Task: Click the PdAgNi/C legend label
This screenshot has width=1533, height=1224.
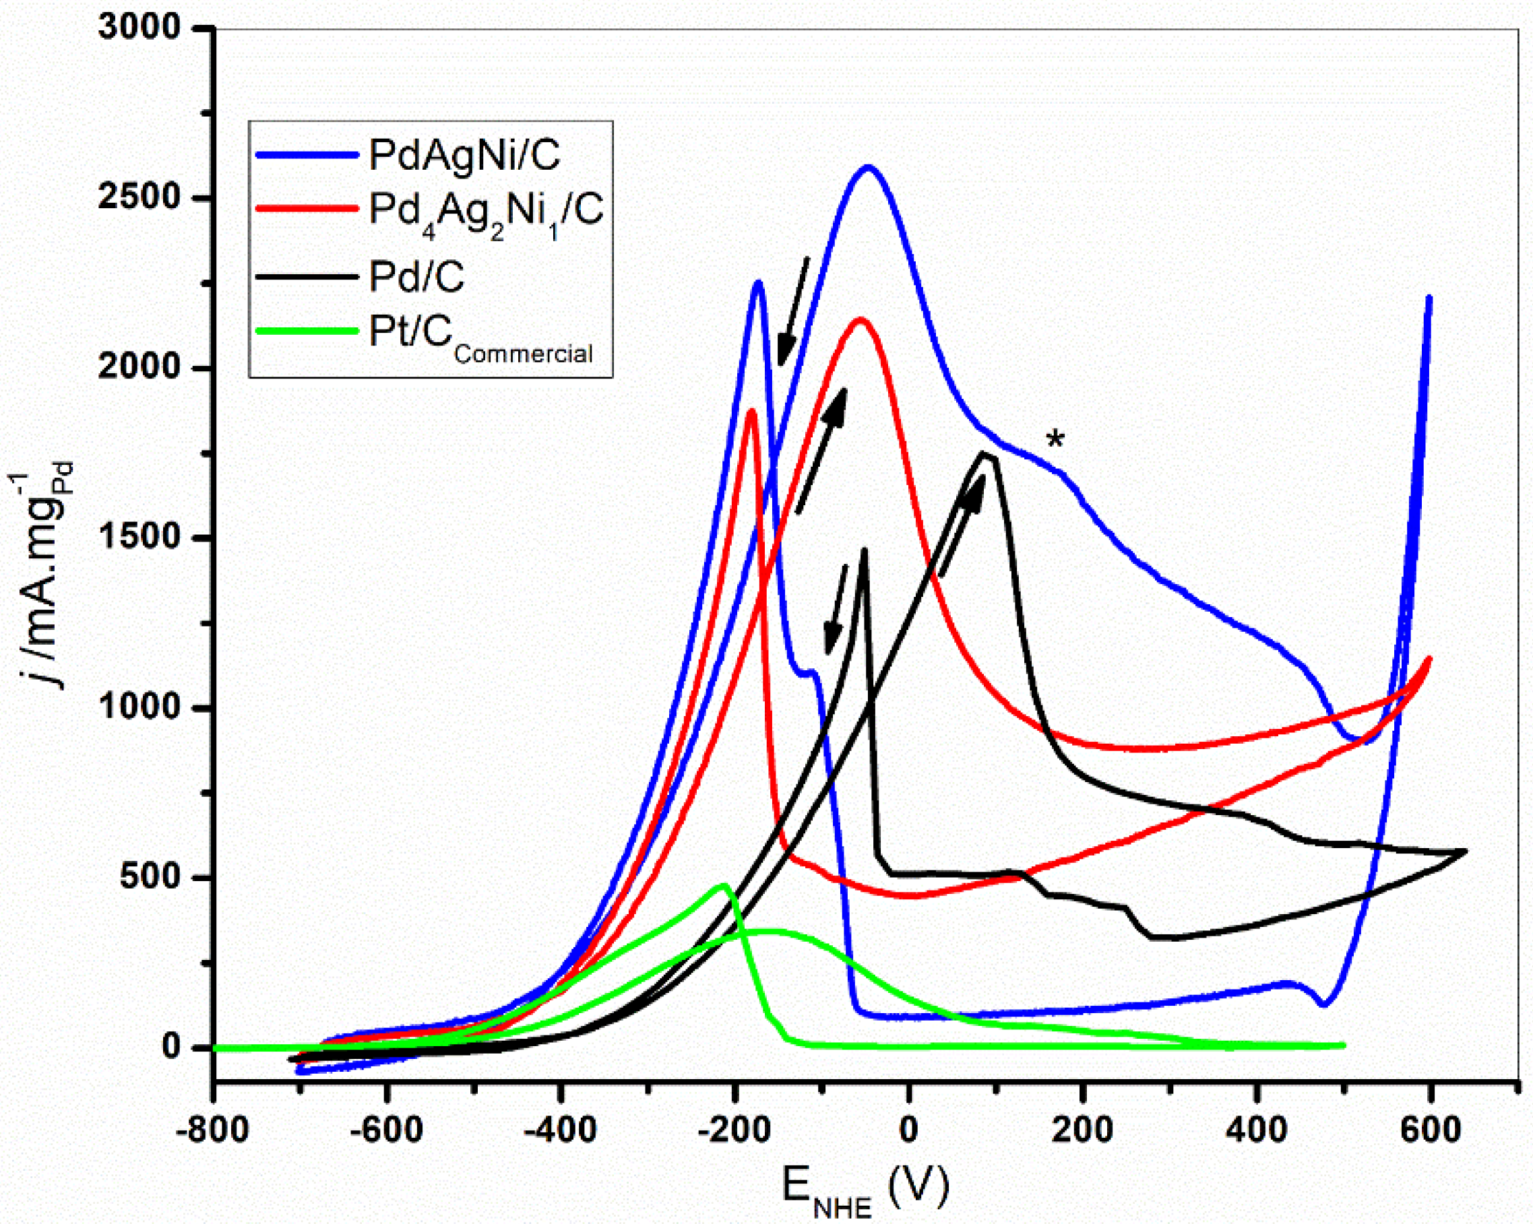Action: (464, 154)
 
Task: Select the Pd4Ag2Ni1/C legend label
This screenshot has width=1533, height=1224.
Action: (486, 212)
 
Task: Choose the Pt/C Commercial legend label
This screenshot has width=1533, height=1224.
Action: (480, 335)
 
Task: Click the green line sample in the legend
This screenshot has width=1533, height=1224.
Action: (306, 331)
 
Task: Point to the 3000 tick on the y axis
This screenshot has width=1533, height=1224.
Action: (140, 28)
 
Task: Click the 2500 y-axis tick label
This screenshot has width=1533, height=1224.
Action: (140, 197)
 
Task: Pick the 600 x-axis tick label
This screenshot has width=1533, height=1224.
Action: (1429, 1130)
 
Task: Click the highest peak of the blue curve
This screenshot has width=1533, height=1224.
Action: (868, 168)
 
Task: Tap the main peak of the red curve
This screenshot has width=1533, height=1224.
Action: (861, 319)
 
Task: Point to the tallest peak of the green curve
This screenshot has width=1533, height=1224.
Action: (724, 886)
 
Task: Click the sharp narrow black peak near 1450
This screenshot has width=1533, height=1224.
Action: (864, 550)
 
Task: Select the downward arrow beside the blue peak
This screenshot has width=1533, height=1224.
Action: (793, 313)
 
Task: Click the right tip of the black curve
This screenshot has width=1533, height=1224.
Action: (1466, 850)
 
